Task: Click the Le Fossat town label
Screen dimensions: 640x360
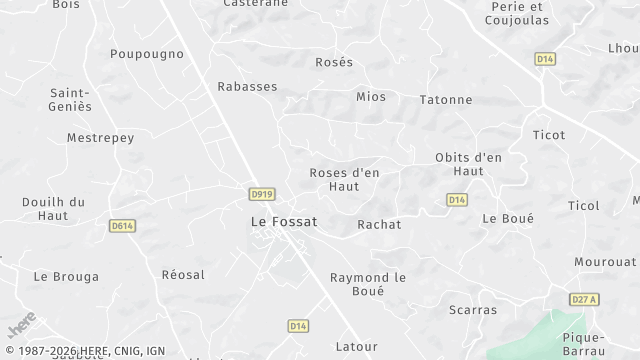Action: coord(283,222)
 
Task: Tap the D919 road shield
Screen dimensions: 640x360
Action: coord(262,192)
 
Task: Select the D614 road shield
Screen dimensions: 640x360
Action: coord(122,226)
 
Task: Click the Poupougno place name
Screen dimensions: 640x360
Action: coord(147,54)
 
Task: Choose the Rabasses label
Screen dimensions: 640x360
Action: coord(247,87)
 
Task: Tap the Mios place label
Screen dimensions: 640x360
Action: coord(371,97)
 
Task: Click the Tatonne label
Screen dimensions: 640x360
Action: coord(445,100)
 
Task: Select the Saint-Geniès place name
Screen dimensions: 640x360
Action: coord(71,99)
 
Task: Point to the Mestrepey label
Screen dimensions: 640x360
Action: coord(100,138)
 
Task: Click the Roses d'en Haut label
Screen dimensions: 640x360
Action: coord(344,179)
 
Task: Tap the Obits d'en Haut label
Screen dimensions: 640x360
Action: coord(468,164)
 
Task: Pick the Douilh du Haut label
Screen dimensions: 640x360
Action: coord(53,208)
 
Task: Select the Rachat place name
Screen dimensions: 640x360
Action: coord(379,225)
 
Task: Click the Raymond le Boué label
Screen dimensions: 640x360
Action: coord(370,283)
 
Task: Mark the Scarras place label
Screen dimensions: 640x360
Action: coord(473,310)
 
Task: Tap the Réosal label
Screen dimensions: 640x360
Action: coord(183,275)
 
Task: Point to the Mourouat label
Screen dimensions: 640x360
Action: coord(605,262)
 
